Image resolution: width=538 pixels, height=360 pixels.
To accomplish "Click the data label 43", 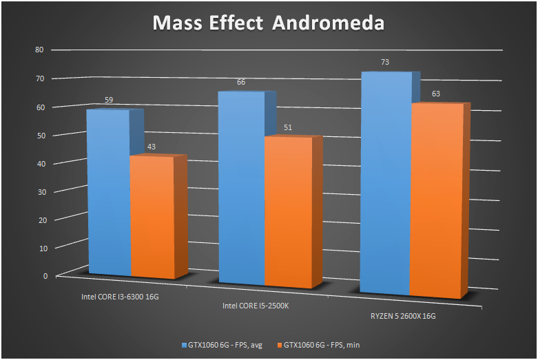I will pyautogui.click(x=152, y=147).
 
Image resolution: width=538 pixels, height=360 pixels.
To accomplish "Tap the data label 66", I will pyautogui.click(x=241, y=82).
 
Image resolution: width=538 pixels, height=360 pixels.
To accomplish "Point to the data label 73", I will pyautogui.click(x=385, y=62).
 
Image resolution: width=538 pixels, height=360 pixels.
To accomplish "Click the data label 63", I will pyautogui.click(x=436, y=94).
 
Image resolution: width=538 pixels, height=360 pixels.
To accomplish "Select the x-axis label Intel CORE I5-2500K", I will pyautogui.click(x=256, y=305).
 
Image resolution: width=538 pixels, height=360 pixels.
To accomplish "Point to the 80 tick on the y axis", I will pyautogui.click(x=39, y=50).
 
